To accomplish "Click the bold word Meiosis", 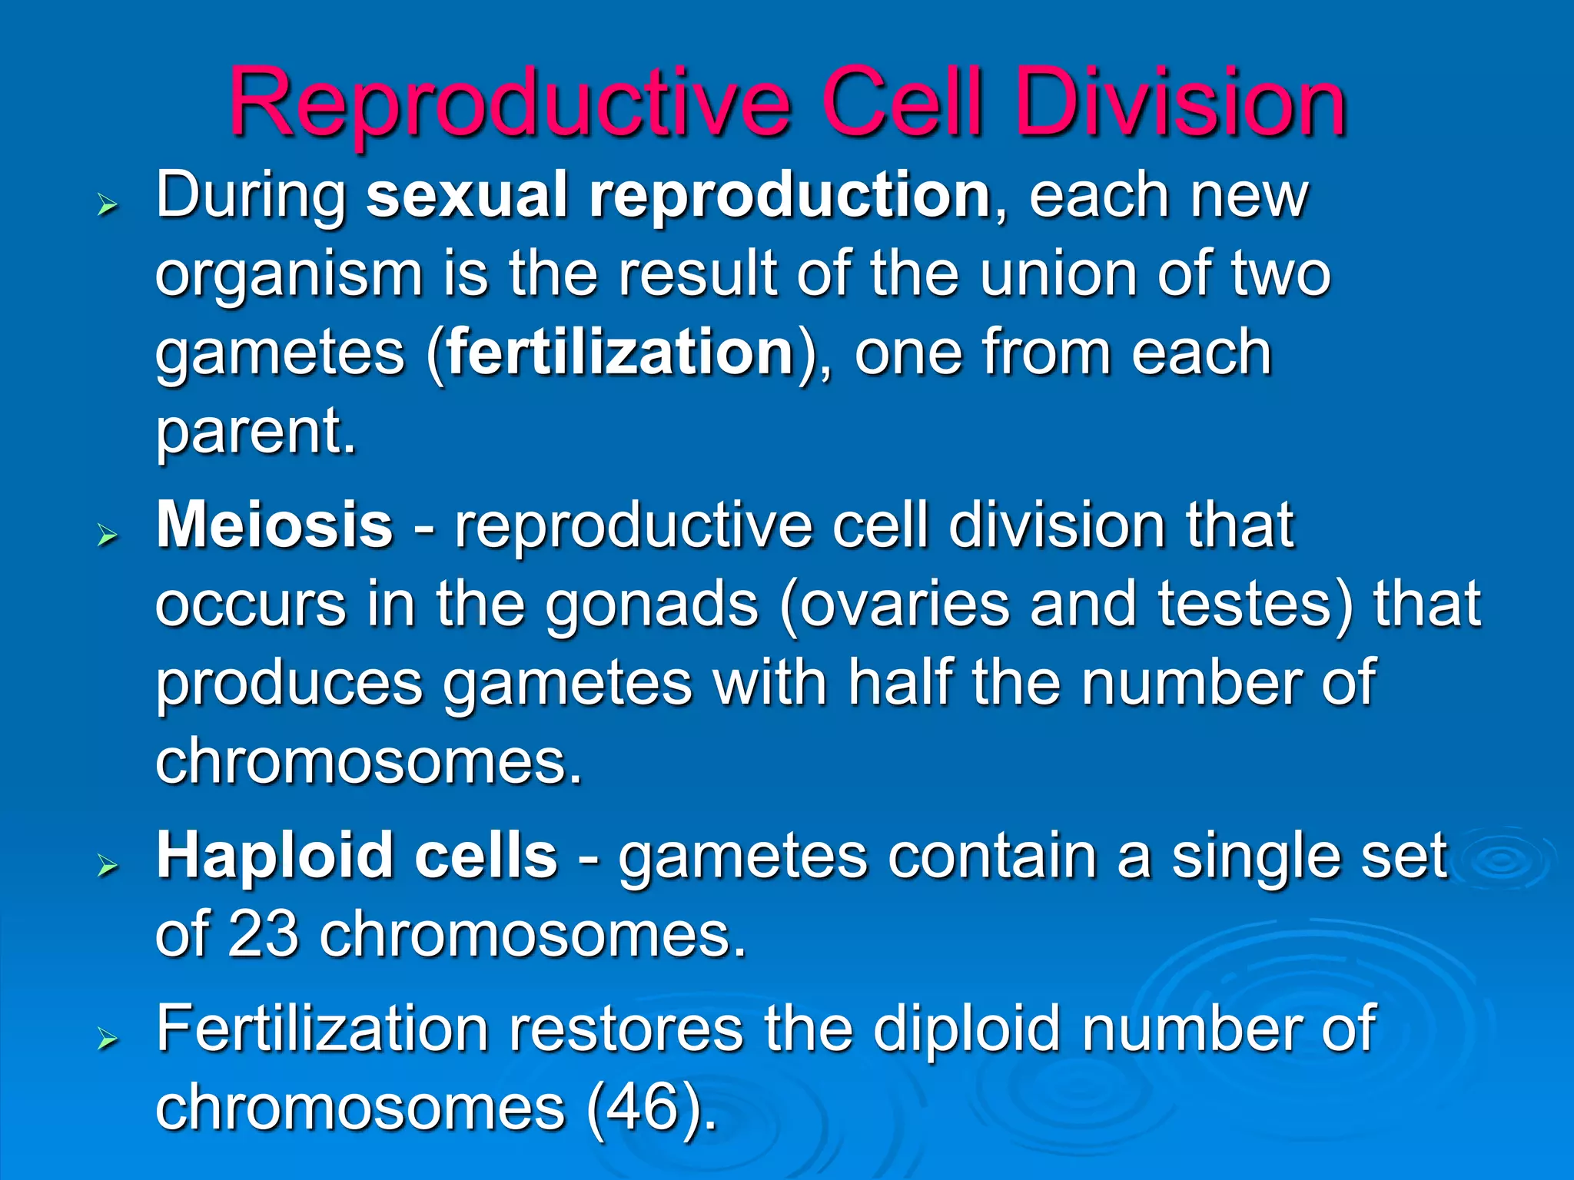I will click(x=274, y=526).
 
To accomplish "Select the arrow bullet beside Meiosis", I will click(x=108, y=535).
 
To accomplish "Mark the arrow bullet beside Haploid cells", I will click(x=108, y=866).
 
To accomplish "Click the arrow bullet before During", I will click(x=108, y=205).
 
